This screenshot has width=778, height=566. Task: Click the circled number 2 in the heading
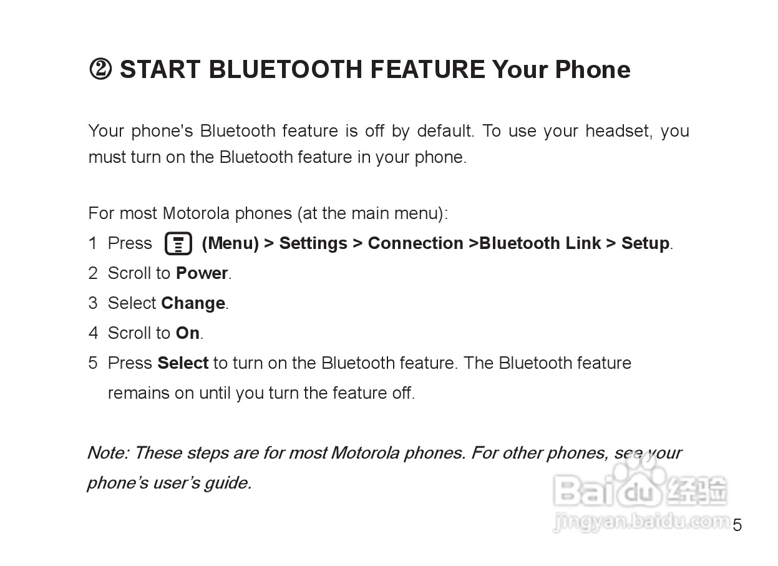pos(100,70)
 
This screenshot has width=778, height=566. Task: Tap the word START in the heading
pos(160,70)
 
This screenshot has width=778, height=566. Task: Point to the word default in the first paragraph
pos(444,131)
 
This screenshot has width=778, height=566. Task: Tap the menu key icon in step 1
pos(178,243)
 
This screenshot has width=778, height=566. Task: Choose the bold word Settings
pos(313,243)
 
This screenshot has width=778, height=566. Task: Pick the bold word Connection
pos(416,243)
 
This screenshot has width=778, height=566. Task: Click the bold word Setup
pos(645,243)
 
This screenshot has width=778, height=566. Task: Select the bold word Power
pos(202,273)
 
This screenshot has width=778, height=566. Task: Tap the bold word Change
pos(193,303)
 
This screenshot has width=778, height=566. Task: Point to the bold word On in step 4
pos(188,333)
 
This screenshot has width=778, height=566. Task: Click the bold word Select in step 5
pos(183,363)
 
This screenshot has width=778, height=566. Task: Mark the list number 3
pos(93,303)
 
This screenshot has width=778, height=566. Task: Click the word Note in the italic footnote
pos(107,452)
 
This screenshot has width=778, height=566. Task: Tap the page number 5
pos(737,525)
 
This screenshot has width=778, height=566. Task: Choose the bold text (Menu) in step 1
pos(230,243)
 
